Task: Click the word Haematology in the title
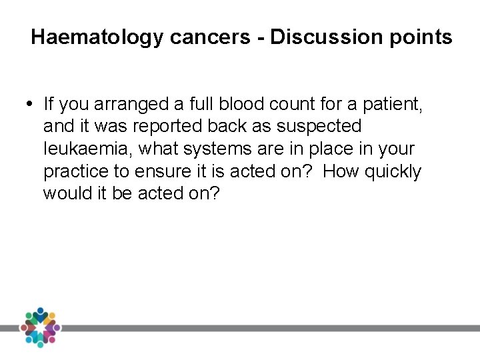tap(97, 37)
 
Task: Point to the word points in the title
tap(423, 37)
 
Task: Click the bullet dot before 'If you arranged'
tap(33, 103)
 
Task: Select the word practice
tap(75, 172)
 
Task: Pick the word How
tap(340, 172)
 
